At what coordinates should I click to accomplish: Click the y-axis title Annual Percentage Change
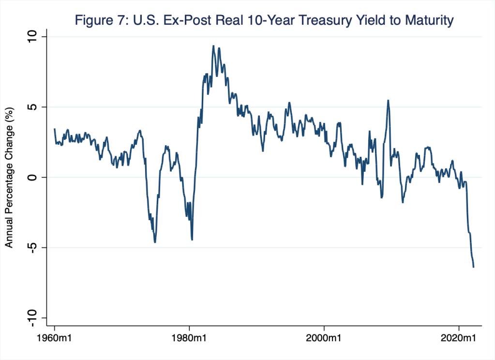coord(9,178)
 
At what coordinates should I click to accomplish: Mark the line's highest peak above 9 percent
coord(213,46)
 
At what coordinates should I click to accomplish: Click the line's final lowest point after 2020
coord(473,267)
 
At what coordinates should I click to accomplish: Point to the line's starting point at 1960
coord(54,129)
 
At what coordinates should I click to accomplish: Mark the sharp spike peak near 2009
coord(388,101)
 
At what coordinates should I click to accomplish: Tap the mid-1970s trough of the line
coord(155,242)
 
